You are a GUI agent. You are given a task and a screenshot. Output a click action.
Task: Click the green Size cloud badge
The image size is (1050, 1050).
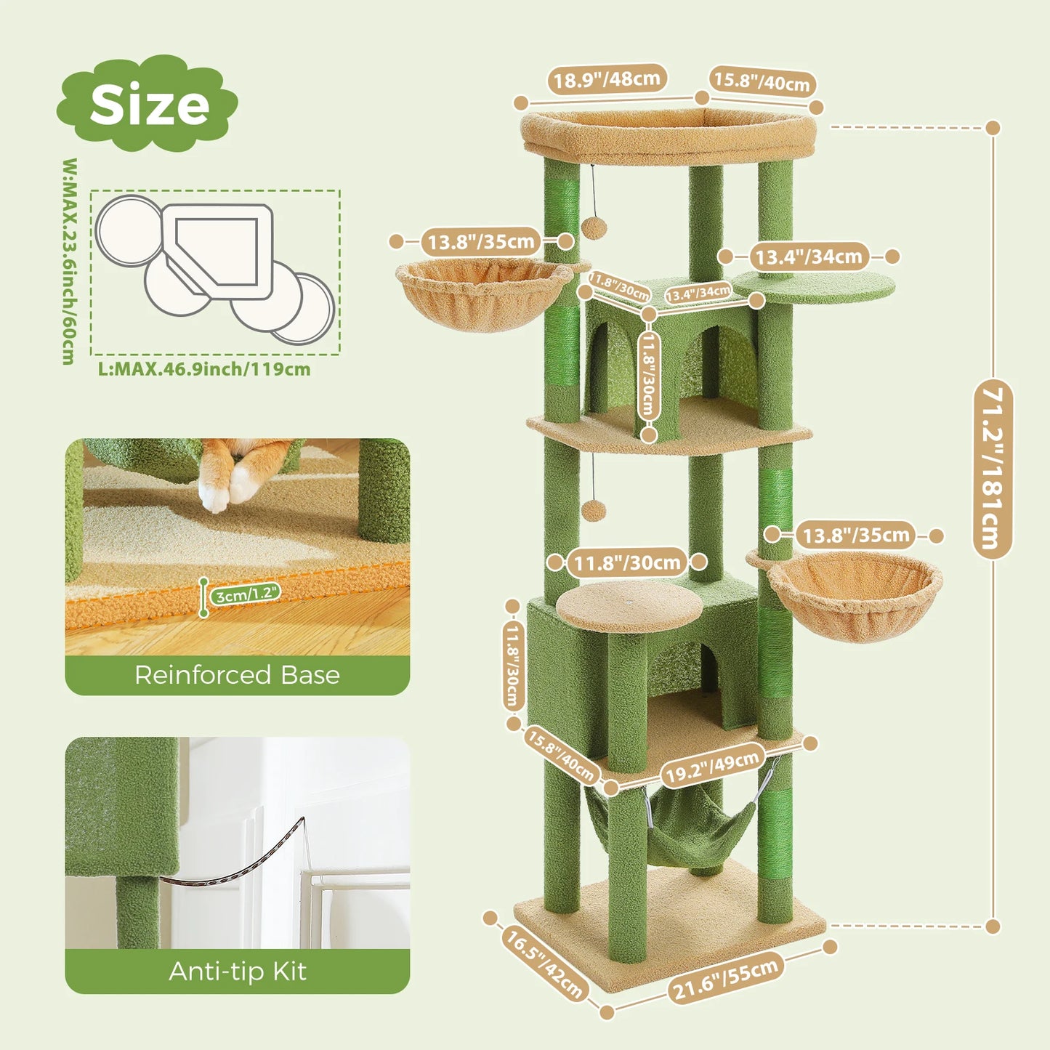148,104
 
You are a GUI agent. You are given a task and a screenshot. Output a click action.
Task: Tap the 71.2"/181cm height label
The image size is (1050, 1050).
992,469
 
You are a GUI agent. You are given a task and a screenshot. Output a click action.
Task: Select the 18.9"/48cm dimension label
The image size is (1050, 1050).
607,78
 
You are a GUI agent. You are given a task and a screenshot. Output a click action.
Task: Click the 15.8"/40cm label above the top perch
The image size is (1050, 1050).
762,82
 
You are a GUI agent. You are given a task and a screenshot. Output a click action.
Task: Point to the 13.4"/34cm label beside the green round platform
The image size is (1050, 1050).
808,257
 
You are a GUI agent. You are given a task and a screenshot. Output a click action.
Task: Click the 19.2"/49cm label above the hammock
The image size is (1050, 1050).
712,767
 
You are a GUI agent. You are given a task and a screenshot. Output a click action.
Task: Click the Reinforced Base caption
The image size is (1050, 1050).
237,675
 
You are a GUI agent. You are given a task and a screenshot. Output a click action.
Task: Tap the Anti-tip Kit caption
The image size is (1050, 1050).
237,972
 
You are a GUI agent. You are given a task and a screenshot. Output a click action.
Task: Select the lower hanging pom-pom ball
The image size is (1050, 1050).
594,510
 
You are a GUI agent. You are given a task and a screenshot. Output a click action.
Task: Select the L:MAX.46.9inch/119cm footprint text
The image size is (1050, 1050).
204,369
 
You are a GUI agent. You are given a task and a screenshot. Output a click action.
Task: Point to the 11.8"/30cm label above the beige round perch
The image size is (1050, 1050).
626,562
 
